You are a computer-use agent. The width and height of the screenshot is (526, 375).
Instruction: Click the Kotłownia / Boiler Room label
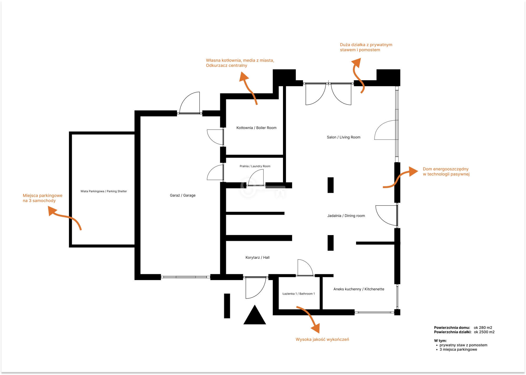pyautogui.click(x=256, y=128)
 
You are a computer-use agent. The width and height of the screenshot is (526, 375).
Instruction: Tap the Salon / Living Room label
pyautogui.click(x=343, y=137)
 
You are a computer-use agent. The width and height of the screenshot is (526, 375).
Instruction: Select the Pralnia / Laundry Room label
pyautogui.click(x=255, y=166)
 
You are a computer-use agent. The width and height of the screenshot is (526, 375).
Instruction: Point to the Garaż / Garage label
pyautogui.click(x=183, y=195)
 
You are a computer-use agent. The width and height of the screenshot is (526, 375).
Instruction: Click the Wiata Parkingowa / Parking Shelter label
pyautogui.click(x=104, y=191)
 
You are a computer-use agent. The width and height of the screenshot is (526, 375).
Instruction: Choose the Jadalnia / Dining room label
pyautogui.click(x=346, y=216)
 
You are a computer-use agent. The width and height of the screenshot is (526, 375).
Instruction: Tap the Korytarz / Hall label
pyautogui.click(x=257, y=257)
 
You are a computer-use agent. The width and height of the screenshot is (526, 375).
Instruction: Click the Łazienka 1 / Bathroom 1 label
pyautogui.click(x=299, y=294)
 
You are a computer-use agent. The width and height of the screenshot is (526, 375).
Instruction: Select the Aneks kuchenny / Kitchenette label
pyautogui.click(x=359, y=289)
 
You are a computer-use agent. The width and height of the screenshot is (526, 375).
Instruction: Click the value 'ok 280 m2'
pyautogui.click(x=483, y=328)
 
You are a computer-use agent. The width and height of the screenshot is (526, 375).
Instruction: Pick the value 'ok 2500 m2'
pyautogui.click(x=484, y=332)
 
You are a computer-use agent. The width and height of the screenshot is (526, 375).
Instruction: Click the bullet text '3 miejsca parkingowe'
pyautogui.click(x=458, y=349)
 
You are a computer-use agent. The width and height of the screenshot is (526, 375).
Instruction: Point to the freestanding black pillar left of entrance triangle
pyautogui.click(x=227, y=306)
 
